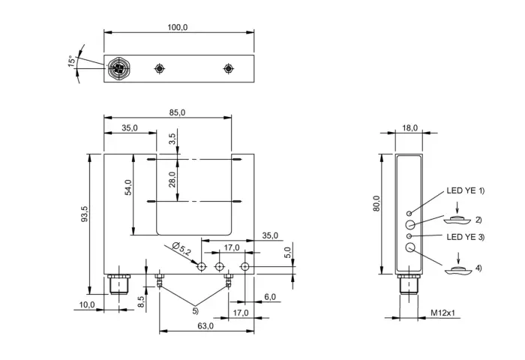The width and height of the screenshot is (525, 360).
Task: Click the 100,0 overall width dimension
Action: click(178, 27)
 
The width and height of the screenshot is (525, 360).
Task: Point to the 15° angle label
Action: click(72, 61)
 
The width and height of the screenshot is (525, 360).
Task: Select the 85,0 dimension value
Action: click(177, 112)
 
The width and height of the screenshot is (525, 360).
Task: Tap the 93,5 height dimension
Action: click(84, 214)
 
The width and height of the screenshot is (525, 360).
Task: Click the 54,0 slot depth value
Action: click(128, 187)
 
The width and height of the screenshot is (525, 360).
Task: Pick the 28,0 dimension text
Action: click(172, 179)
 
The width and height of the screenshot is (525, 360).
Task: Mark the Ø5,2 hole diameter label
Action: click(181, 248)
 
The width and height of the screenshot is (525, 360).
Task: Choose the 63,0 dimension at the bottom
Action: click(205, 325)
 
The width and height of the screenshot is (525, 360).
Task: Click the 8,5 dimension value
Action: click(141, 301)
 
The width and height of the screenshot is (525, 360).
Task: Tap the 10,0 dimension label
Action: click(87, 304)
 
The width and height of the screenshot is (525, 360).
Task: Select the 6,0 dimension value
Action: click(270, 297)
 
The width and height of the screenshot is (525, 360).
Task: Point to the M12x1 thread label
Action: click(442, 313)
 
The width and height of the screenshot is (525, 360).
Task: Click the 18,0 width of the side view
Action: click(409, 128)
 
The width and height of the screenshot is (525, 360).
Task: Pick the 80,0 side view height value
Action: click(376, 203)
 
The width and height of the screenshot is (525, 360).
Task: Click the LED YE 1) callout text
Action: click(466, 190)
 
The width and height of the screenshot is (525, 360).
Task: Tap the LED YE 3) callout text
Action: click(466, 237)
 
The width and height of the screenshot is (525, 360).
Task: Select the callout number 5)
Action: click(195, 311)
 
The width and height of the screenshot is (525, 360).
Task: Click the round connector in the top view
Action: click(118, 69)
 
